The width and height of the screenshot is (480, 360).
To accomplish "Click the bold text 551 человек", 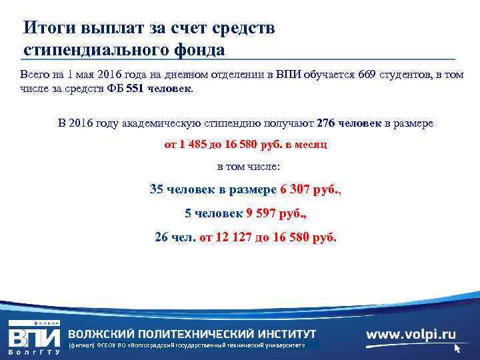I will click(157, 89).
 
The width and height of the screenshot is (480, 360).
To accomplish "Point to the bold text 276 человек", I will click(349, 124).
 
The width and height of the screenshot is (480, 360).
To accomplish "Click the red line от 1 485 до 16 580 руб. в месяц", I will click(245, 144).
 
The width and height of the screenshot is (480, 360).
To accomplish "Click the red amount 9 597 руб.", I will click(275, 214).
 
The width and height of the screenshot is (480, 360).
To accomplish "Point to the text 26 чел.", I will click(175, 237).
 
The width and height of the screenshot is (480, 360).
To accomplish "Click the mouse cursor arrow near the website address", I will click(458, 348).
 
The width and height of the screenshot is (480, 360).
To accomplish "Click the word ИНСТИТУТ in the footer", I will click(283, 334).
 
